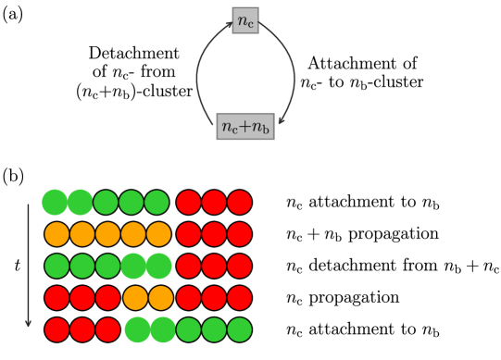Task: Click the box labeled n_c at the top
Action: pos(245,19)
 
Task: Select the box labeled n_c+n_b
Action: pos(245,127)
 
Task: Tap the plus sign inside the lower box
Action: pos(245,128)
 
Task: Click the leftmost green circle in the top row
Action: pos(55,202)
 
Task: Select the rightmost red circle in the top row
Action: pos(240,203)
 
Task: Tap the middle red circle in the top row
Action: pos(214,203)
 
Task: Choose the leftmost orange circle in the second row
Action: pos(57,234)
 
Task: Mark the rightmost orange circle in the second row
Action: pos(158,234)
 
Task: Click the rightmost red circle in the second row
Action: pos(240,234)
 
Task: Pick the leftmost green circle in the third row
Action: pos(57,267)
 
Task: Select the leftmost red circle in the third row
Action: pos(189,267)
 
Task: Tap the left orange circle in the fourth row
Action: pos(136,298)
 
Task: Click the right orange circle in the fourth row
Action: pos(161,298)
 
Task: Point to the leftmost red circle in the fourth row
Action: pos(57,298)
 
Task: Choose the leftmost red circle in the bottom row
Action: pos(57,329)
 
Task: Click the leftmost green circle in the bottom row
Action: pos(138,329)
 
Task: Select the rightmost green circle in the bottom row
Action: pos(240,329)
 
